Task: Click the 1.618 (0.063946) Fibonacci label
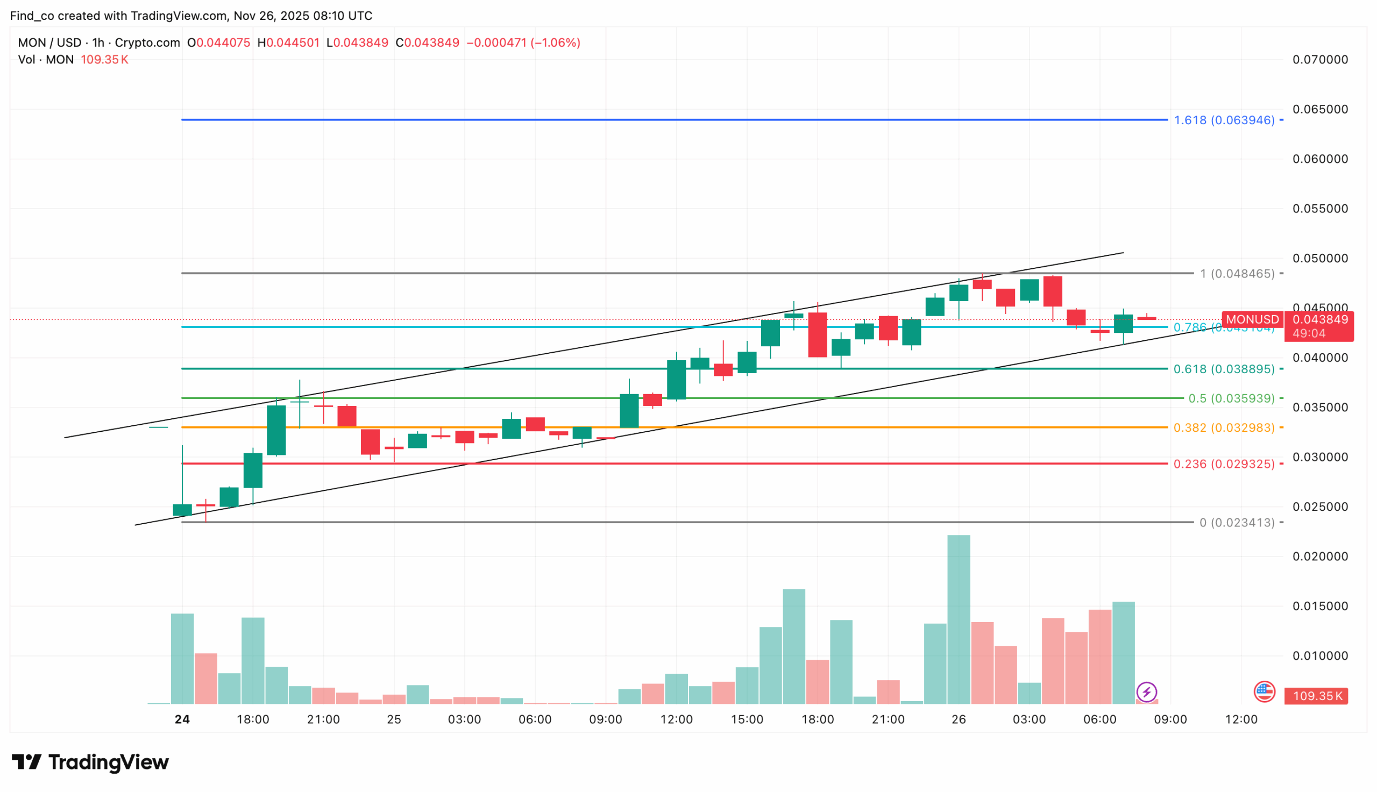(x=1224, y=120)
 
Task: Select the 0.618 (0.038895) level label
(x=1224, y=369)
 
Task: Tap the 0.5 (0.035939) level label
(x=1231, y=399)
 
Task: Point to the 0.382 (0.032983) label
(x=1224, y=428)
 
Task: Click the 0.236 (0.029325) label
(x=1224, y=464)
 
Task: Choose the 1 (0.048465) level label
(x=1237, y=274)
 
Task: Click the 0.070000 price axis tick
(x=1320, y=60)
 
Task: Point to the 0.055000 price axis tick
(x=1320, y=209)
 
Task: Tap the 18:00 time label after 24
(x=253, y=719)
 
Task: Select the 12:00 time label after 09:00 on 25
(x=676, y=719)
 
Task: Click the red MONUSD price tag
(x=1252, y=320)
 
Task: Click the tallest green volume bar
(x=959, y=620)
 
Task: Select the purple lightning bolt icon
(x=1146, y=693)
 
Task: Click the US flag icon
(x=1265, y=692)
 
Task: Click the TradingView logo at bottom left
(x=90, y=762)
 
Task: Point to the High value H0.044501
(x=288, y=43)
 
